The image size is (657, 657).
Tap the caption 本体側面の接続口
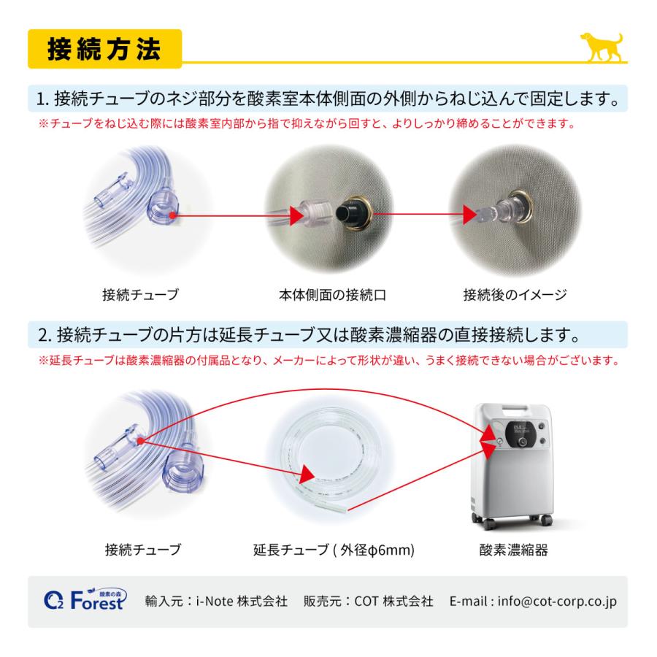pos(331,296)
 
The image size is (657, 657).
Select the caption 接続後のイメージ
pos(515,296)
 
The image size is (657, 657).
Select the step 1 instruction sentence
pos(328,98)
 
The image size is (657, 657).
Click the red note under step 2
pos(328,361)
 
